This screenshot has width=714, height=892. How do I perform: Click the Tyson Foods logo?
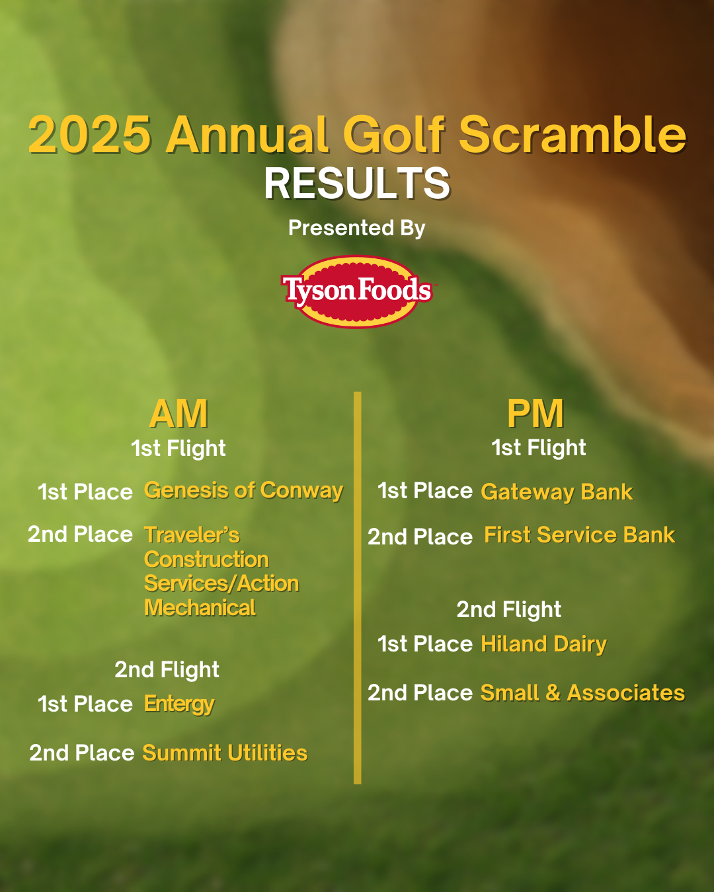point(357,291)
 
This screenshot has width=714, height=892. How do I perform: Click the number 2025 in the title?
point(90,135)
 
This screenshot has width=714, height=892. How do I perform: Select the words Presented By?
point(357,229)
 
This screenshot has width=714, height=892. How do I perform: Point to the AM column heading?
point(178,413)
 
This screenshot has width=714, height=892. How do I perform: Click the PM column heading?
point(535,413)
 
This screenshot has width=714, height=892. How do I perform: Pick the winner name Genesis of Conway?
point(243,491)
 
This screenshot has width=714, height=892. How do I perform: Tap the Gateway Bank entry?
point(557,492)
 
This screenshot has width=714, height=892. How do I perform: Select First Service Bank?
point(580,535)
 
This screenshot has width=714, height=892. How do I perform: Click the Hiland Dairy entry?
point(543,644)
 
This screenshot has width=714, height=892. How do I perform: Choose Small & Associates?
point(582,692)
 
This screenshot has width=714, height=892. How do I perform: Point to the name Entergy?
point(179,704)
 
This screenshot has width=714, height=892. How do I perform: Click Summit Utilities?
point(225,753)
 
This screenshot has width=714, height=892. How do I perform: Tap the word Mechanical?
point(200,608)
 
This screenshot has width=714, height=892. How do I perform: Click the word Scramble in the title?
point(573,135)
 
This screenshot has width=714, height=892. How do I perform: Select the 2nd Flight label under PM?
point(508,610)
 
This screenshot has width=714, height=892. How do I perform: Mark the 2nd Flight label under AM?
point(167,670)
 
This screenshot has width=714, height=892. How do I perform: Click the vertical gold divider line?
point(357,588)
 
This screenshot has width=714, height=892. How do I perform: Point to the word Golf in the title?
point(394,135)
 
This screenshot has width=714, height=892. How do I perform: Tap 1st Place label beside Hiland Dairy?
point(425,644)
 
